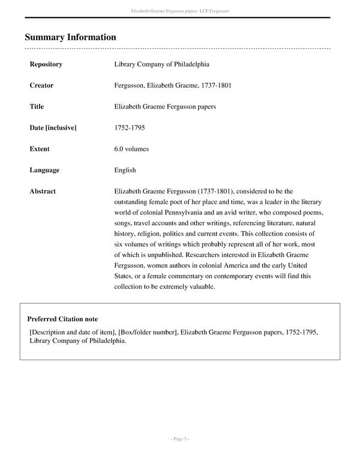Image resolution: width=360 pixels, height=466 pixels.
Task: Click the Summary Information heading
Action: point(70,37)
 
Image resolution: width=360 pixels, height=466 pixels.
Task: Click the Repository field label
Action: point(46,64)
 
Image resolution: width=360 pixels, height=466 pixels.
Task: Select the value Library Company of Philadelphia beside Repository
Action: point(161,64)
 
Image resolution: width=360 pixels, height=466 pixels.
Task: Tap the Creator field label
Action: point(41,85)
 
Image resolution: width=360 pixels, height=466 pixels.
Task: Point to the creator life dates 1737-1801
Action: point(217,85)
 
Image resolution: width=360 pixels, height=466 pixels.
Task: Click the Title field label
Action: point(37,107)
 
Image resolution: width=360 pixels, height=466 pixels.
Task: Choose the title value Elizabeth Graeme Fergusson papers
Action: point(165,107)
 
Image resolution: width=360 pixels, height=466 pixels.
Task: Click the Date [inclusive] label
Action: point(53,128)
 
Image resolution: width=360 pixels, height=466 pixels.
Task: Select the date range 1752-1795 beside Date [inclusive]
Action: point(129,128)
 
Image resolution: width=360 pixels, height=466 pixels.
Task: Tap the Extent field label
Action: point(40,149)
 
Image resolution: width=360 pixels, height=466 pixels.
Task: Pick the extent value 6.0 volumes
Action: point(131,149)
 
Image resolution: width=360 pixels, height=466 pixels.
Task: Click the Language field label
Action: point(44,170)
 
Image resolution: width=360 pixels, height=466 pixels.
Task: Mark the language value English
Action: point(125,170)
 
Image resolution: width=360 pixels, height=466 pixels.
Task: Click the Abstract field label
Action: point(43,192)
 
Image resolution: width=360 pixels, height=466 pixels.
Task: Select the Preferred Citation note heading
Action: point(62,319)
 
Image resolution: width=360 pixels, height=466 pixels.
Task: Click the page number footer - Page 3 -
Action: point(179,440)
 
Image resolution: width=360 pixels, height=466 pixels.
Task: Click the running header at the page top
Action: point(180,11)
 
